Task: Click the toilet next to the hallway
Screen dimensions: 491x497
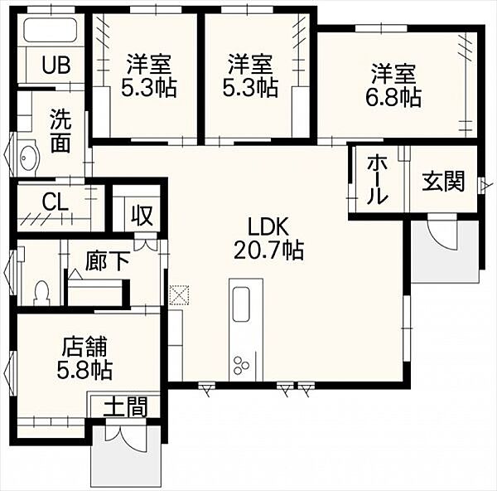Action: point(41,291)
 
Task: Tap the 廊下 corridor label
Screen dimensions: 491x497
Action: point(107,263)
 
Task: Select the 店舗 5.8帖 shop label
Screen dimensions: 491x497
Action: point(85,357)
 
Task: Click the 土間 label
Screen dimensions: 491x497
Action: point(124,407)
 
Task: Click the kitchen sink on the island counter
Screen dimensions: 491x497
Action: point(242,304)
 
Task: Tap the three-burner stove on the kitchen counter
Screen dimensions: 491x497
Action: point(242,364)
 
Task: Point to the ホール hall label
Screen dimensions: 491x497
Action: point(376,179)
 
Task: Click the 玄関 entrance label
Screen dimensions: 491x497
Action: point(442,181)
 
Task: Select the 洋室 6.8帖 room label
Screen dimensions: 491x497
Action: point(393,85)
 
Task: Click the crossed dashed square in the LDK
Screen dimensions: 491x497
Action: point(178,294)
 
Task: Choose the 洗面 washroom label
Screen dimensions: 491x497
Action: point(59,130)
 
